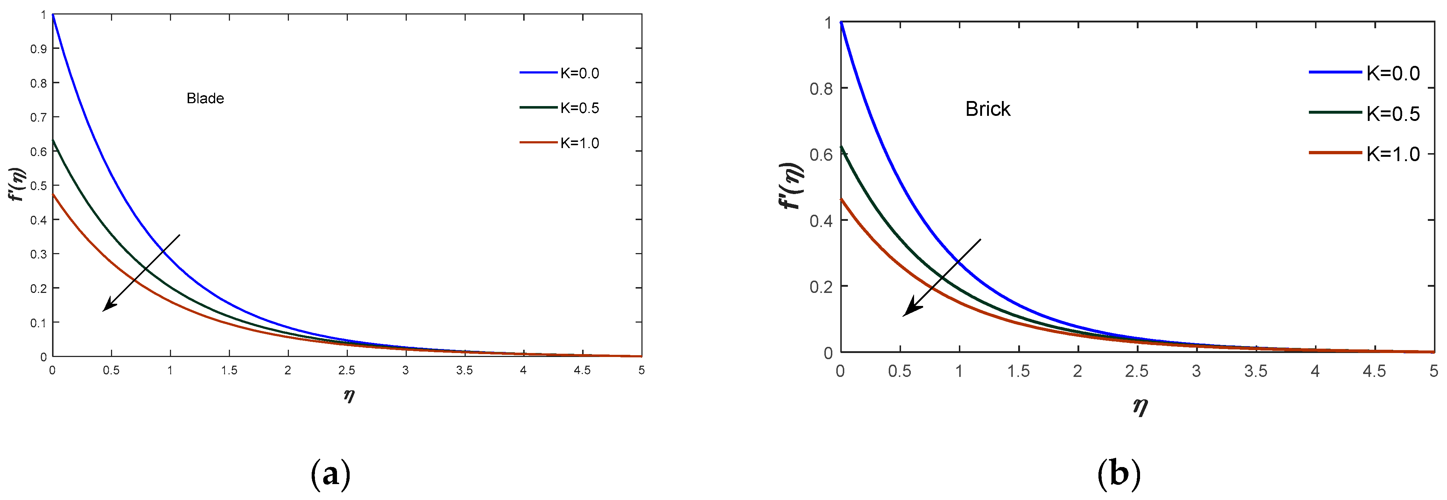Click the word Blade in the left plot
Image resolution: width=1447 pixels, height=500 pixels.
(205, 98)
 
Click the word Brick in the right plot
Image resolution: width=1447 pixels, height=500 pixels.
(987, 109)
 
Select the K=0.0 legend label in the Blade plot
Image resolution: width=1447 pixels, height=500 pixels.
(580, 73)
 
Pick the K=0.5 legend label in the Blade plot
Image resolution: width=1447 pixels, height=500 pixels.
(580, 108)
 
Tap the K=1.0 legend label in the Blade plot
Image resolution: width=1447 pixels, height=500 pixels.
(580, 143)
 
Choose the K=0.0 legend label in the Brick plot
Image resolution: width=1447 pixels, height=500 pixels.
(1393, 73)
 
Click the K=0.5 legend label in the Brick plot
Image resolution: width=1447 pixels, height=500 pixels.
(1393, 114)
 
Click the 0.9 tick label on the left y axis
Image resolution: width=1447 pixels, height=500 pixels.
(38, 49)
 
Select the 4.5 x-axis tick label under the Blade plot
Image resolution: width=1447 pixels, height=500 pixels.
(582, 370)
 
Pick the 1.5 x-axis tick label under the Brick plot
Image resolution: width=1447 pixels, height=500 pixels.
(1018, 371)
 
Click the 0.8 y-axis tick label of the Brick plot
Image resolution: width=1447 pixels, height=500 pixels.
(821, 88)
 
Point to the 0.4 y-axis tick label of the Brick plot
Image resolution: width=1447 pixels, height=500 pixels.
(821, 220)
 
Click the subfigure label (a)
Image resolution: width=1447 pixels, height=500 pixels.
(330, 475)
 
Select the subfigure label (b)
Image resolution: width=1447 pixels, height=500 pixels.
(1118, 475)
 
